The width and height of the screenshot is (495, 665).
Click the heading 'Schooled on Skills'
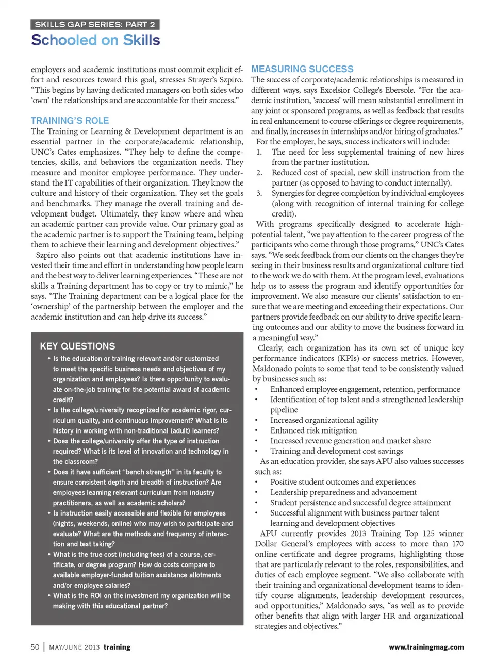(95, 40)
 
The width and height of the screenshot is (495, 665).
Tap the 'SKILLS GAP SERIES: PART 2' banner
(95, 24)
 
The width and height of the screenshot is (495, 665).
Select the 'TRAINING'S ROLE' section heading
(70, 121)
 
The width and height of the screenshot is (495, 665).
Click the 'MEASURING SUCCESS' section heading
(302, 69)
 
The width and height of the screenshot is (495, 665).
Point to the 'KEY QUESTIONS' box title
(77, 346)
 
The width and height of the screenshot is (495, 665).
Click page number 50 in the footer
(35, 647)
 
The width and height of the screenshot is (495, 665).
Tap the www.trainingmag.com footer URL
(426, 647)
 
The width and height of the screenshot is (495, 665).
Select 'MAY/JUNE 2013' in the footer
(74, 647)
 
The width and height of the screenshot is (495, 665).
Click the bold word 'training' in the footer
(117, 647)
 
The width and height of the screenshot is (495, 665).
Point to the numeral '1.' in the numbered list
(259, 152)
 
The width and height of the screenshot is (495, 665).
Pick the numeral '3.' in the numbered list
(259, 193)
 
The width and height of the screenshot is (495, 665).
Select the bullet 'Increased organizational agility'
(324, 420)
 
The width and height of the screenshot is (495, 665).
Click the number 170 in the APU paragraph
(457, 544)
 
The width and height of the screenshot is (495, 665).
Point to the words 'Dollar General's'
(282, 544)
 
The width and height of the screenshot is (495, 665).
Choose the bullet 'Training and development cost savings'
(336, 451)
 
